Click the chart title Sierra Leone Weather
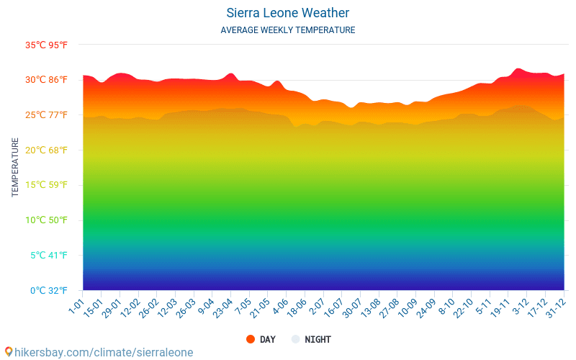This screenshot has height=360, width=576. pyautogui.click(x=287, y=13)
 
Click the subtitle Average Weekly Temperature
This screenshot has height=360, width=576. pyautogui.click(x=287, y=30)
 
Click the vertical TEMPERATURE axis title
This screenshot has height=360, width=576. pyautogui.click(x=15, y=168)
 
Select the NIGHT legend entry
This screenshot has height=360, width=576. pyautogui.click(x=311, y=340)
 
